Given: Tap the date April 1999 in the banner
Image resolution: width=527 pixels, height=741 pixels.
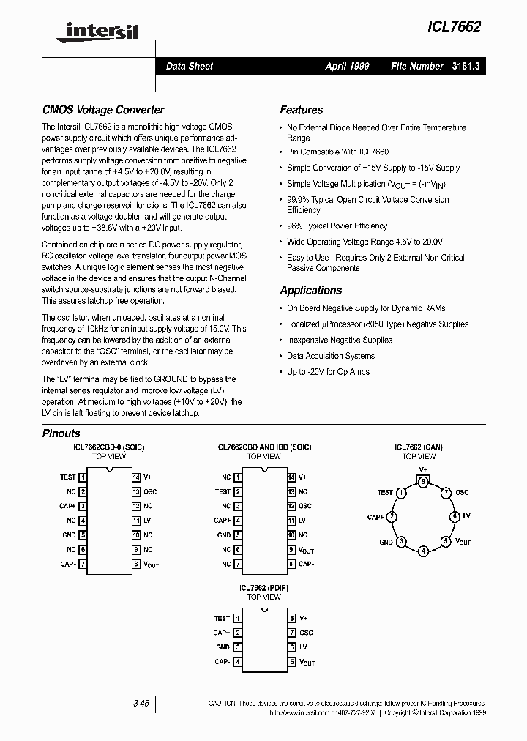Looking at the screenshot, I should point(347,66).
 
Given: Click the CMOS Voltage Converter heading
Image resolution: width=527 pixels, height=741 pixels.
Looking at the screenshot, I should point(103,110).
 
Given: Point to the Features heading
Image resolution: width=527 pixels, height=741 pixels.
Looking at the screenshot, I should point(301,110).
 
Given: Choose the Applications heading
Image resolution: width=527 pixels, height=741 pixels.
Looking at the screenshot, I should point(310,290).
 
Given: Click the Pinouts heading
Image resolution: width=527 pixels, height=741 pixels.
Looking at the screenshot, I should point(61,433).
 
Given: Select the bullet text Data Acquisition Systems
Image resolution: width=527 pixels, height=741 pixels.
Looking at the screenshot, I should point(330,356).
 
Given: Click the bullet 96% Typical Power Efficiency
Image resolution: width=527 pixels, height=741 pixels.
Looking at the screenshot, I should point(337,226).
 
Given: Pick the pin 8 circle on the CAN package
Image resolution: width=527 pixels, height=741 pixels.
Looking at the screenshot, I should point(422,481).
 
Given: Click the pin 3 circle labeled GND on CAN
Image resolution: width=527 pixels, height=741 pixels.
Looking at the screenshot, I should point(400,542).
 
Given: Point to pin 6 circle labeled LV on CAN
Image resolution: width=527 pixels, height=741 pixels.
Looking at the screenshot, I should point(455,517).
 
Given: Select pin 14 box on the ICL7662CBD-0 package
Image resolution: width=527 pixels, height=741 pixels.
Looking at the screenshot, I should point(136,477).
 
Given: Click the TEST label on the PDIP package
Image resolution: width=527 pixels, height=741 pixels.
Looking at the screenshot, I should point(222,618).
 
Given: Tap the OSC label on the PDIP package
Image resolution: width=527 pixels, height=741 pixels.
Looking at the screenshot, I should point(306,633).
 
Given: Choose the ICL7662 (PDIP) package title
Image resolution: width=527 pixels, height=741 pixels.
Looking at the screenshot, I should point(263,588).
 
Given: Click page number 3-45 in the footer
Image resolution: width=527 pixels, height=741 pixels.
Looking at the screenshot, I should point(141,704).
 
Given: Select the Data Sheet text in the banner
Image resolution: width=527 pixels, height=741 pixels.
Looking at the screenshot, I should point(190,66).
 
